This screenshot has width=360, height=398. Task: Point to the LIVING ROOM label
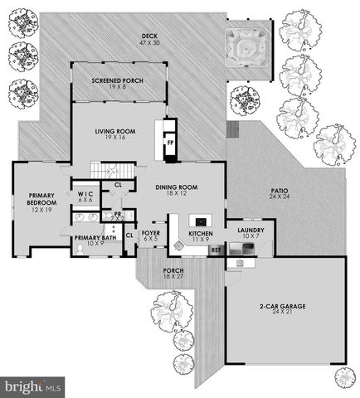[114, 133]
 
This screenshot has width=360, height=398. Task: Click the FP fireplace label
[171, 143]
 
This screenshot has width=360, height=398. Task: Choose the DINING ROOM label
[176, 190]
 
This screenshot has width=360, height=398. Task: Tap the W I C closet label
[85, 196]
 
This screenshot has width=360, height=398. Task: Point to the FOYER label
[150, 236]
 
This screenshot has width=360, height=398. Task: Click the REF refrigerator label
[215, 250]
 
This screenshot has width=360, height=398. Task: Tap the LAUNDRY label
[251, 233]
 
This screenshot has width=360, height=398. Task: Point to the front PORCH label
[173, 273]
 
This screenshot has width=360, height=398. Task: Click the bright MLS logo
[33, 386]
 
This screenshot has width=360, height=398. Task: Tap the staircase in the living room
[103, 171]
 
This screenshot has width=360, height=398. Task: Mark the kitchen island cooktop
[200, 221]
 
